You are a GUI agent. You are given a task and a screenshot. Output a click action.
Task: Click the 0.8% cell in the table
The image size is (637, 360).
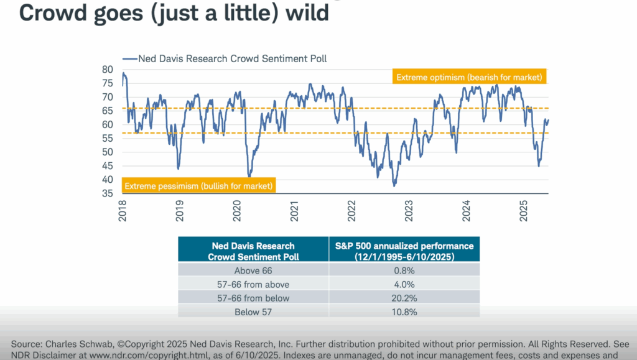click(404, 270)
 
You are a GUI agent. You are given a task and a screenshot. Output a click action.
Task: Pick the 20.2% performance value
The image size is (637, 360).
click(404, 298)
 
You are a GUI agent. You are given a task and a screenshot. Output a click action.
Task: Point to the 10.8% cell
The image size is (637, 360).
click(404, 312)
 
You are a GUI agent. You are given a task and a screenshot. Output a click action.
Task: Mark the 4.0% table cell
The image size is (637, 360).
click(404, 284)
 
